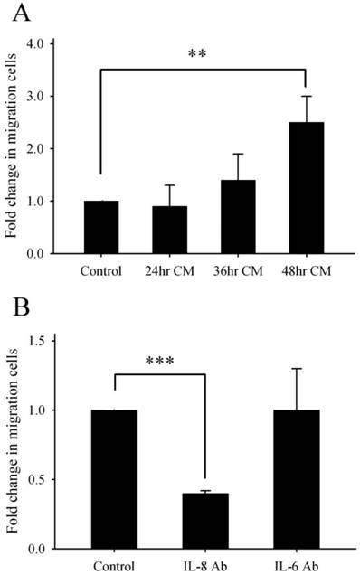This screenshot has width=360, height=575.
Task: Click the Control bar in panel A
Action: [x=100, y=227]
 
